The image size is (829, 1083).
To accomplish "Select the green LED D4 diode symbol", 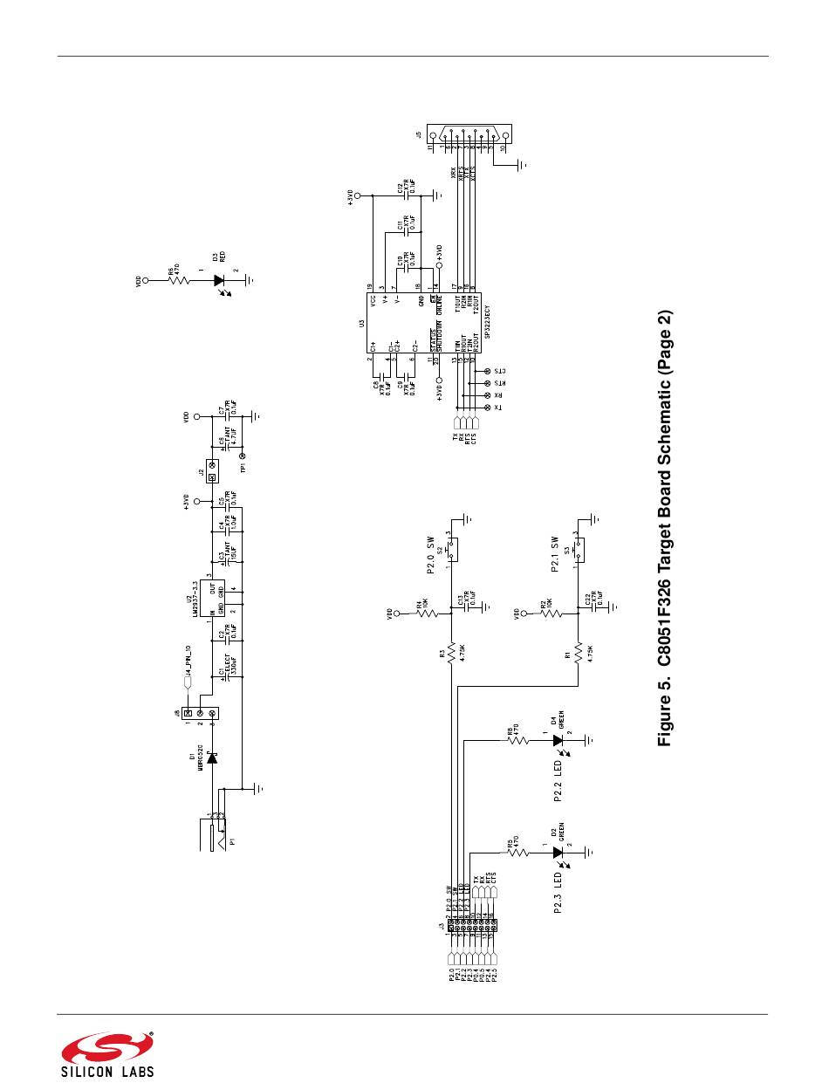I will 557,741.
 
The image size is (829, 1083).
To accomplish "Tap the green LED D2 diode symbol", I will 557,851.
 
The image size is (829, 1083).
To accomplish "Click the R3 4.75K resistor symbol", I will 452,655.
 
